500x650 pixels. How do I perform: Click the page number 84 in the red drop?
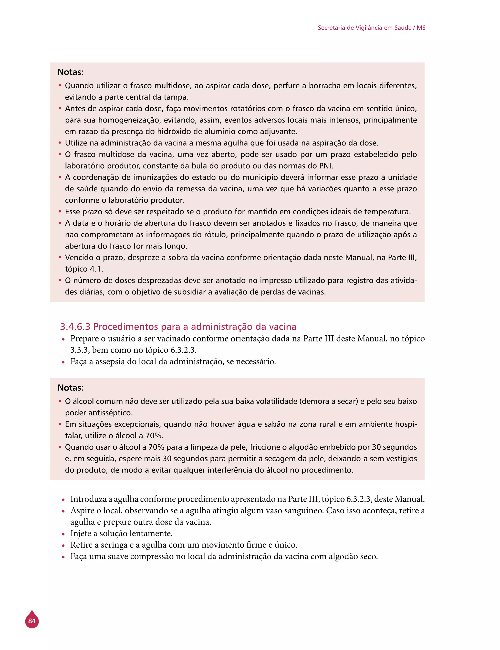tap(32, 621)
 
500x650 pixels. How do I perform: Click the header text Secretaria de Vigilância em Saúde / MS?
tap(371, 28)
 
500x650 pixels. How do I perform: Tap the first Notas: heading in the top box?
tap(71, 72)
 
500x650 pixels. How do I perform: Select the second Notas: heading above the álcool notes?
tap(71, 388)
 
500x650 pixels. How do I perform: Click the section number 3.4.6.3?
tap(75, 327)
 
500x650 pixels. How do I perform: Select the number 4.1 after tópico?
tap(96, 269)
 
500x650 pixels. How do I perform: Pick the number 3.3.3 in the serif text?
tap(80, 350)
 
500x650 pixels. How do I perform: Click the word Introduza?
tap(88, 499)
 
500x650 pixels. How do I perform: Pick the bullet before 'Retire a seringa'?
tap(63, 546)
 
